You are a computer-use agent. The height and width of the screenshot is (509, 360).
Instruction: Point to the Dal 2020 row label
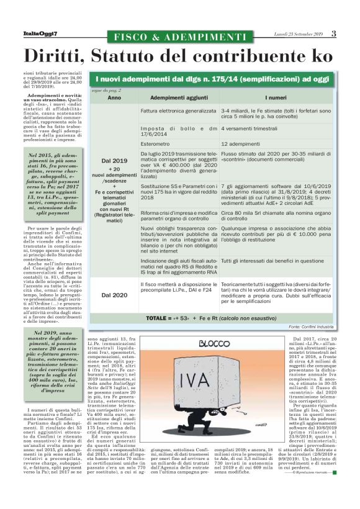[114, 295]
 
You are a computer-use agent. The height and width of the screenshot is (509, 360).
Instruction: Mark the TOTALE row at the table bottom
[211, 318]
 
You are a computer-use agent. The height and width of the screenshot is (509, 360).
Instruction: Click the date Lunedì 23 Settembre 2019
[299, 34]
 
